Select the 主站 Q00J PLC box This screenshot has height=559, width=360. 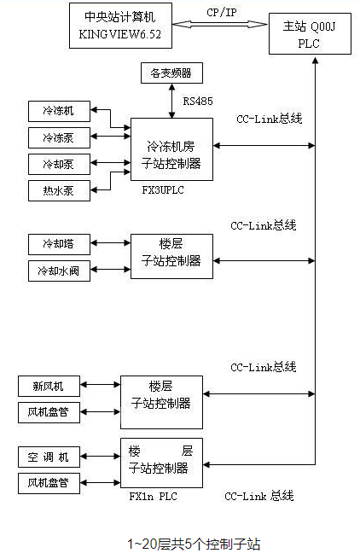pyautogui.click(x=308, y=34)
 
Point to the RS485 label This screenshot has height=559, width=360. pyautogui.click(x=198, y=101)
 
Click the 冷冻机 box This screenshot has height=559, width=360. pyautogui.click(x=58, y=112)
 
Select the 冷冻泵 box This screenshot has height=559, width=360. pyautogui.click(x=58, y=137)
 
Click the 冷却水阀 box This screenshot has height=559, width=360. pyautogui.click(x=58, y=271)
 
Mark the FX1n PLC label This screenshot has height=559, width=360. pyautogui.click(x=153, y=496)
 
